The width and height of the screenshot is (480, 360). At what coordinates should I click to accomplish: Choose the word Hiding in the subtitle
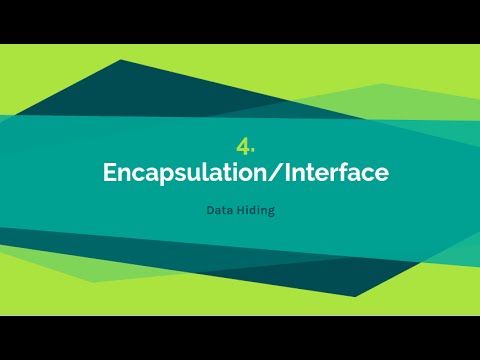(x=254, y=212)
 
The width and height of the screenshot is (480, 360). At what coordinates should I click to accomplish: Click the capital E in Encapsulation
(x=110, y=172)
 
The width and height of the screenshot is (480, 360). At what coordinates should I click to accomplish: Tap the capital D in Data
(x=210, y=212)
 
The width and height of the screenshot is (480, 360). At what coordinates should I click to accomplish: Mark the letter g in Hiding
(x=270, y=214)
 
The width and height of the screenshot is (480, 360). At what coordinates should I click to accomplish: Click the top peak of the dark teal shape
(x=122, y=61)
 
